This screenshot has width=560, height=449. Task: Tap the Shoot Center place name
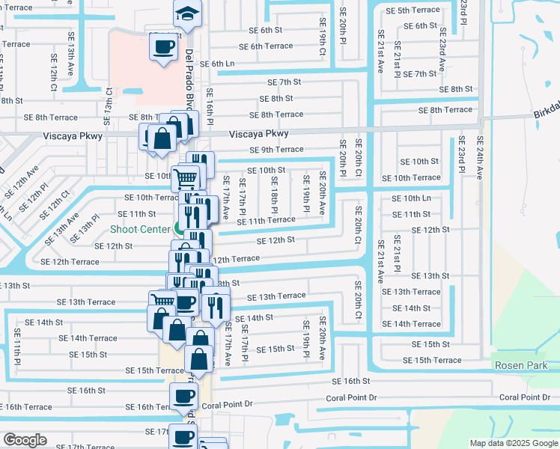coord(140,229)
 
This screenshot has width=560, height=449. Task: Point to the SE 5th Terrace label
coord(413,10)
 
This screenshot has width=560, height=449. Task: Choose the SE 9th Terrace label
coord(277,150)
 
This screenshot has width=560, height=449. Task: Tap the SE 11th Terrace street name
coord(266,221)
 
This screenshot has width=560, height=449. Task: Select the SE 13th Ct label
coord(109,101)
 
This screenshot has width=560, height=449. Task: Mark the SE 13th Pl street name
coord(85,229)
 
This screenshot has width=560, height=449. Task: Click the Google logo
coord(25,440)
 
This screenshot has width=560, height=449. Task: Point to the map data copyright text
coord(514,443)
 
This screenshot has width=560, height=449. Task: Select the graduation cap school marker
coord(186,13)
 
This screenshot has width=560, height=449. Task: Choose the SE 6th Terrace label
coord(255,46)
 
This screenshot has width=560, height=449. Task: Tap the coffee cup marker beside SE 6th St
coord(164,48)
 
